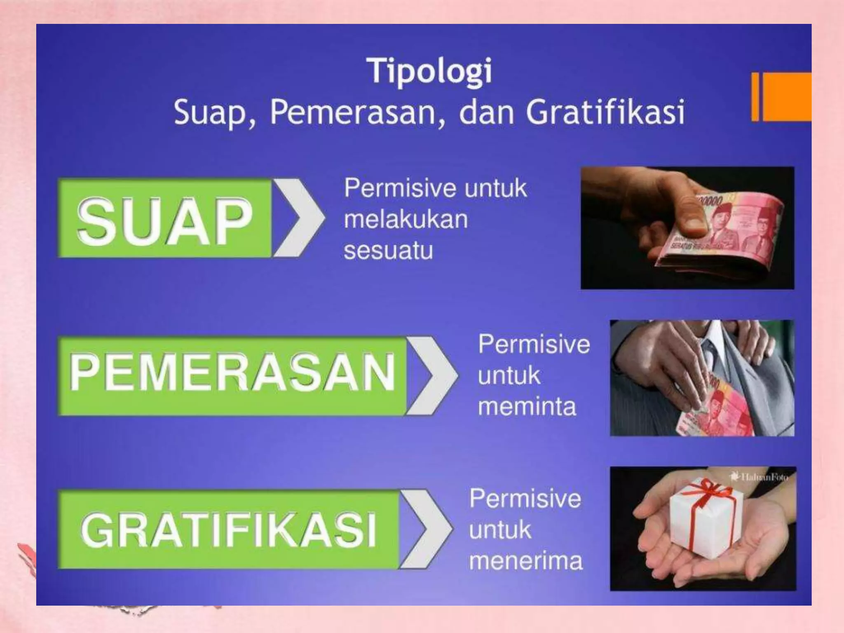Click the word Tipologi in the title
point(429,71)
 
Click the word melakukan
point(406,219)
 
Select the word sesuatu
point(388,250)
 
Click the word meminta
point(527,406)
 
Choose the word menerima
point(526,561)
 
